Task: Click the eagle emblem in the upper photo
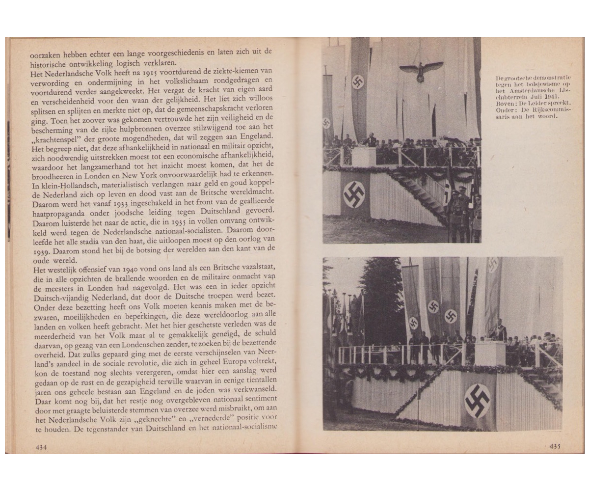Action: tap(421, 69)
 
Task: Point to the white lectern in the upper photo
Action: tap(363, 156)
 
